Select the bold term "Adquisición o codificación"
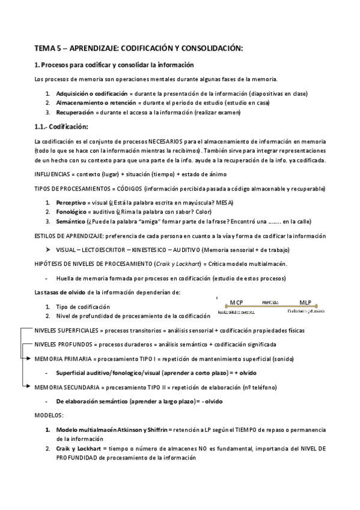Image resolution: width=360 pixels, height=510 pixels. (91, 94)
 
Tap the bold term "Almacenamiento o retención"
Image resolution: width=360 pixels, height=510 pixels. (92, 103)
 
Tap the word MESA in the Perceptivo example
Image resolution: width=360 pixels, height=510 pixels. (225, 203)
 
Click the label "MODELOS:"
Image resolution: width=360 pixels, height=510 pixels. (49, 415)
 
